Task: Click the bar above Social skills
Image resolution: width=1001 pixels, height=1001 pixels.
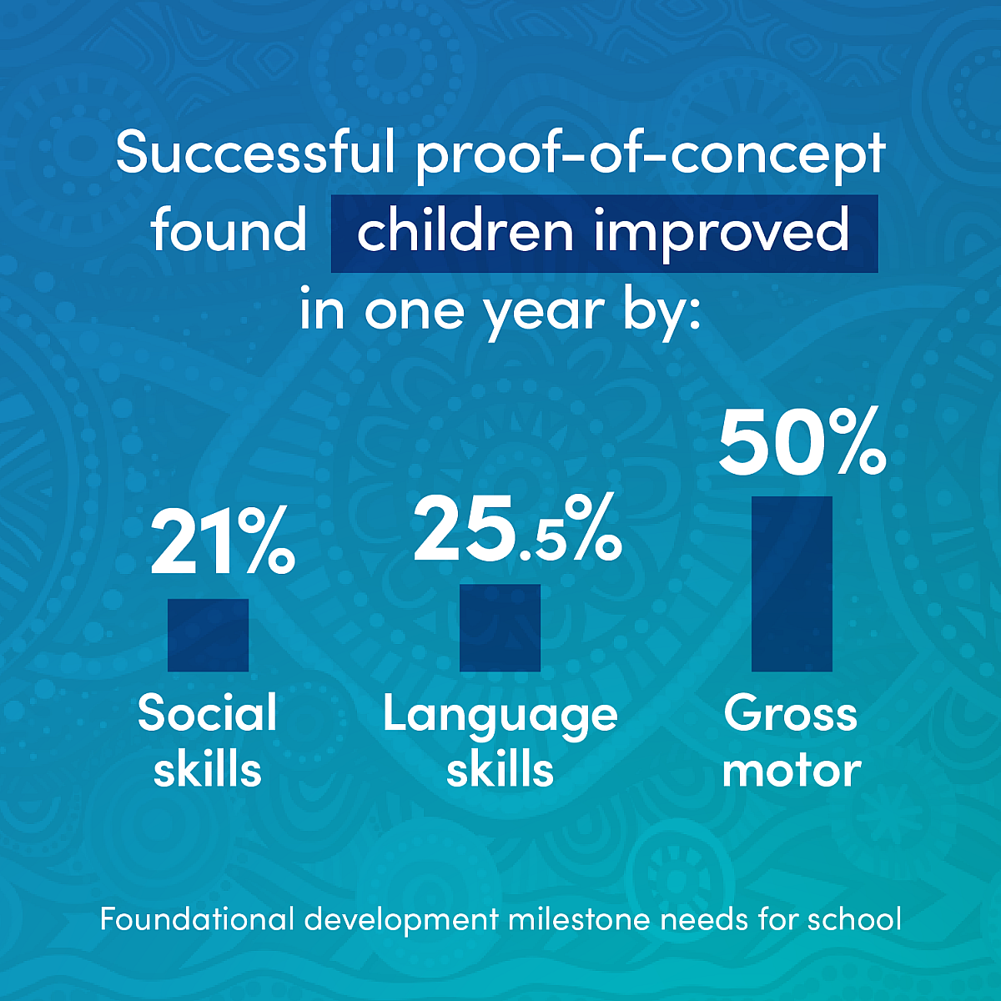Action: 208,635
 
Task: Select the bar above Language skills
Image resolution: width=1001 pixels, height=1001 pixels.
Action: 500,627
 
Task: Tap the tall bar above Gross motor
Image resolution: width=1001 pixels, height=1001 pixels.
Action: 792,584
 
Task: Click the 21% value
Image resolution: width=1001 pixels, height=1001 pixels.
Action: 223,542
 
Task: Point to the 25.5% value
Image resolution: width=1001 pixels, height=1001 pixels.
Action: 517,528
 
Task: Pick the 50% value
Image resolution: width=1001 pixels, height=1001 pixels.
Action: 802,441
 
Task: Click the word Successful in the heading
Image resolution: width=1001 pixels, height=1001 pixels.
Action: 255,153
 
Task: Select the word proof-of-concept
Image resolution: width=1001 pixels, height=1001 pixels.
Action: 650,156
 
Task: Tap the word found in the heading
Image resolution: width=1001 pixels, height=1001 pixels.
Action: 229,230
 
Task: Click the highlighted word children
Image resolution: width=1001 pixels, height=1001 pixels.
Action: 465,230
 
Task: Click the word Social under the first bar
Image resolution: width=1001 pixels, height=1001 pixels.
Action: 207,714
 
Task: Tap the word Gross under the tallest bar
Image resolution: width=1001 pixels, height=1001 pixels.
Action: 790,714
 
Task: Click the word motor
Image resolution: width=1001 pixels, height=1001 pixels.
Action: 792,772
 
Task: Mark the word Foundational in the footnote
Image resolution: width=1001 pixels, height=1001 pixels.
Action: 197,918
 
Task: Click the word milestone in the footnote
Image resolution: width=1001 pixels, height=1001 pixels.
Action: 579,918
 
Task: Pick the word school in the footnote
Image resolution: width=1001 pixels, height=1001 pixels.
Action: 854,918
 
